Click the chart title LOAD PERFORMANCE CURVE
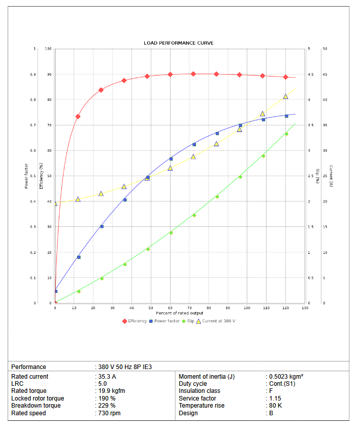coord(178,43)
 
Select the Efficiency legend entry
coord(135,321)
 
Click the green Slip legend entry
coord(187,321)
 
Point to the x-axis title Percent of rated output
coord(179,313)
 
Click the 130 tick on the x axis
coord(305,308)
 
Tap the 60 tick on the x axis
coord(170,308)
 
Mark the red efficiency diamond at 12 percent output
coord(78,116)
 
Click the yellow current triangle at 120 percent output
coord(285,96)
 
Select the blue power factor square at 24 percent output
coord(102,226)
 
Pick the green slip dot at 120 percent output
coord(286,134)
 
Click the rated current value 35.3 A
coord(107,377)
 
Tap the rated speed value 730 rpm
coord(109,413)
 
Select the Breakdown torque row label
coord(36,406)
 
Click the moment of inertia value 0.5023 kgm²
coord(286,377)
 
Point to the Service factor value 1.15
coord(274,398)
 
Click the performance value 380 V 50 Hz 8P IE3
coord(125,367)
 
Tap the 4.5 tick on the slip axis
coord(310,75)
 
